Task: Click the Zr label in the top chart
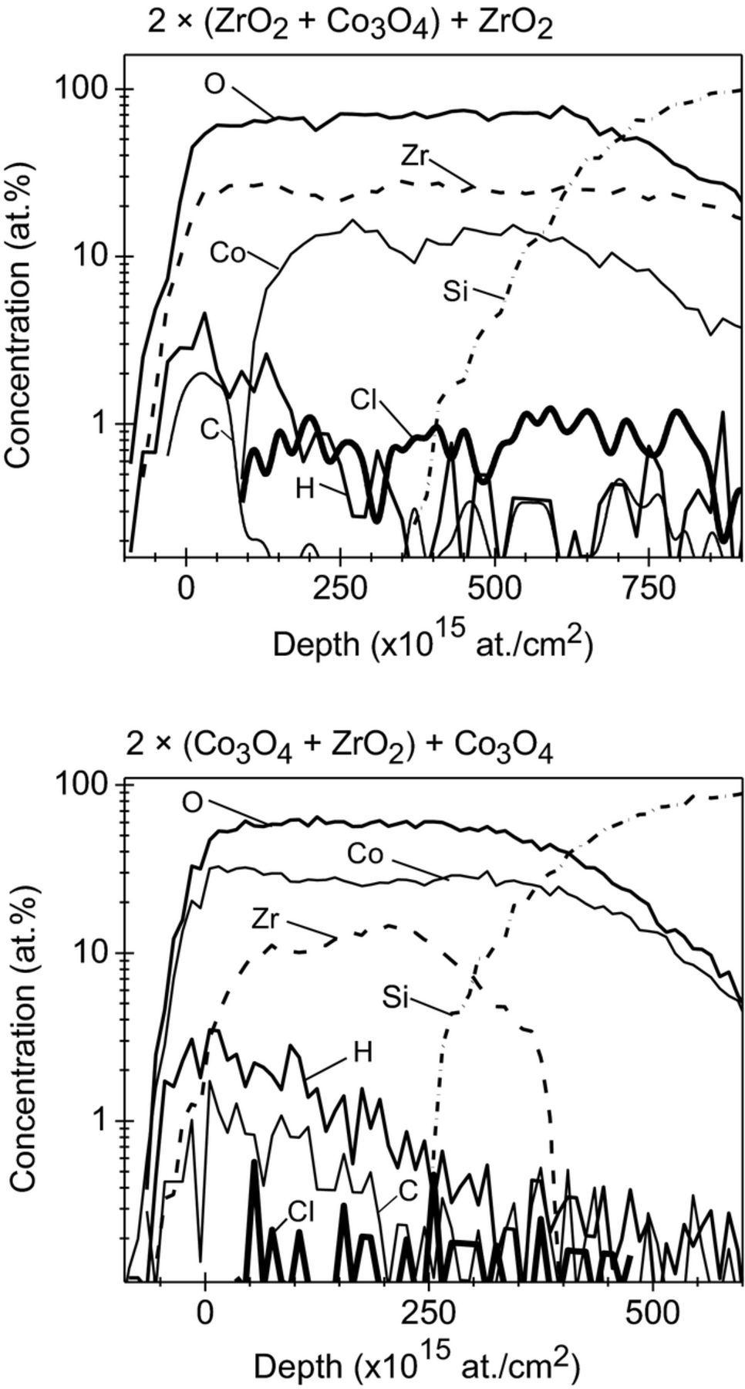(414, 154)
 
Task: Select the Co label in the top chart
(228, 252)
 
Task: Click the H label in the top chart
(305, 488)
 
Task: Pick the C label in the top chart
(210, 430)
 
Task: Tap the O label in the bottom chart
(193, 803)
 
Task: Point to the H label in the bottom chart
(362, 1053)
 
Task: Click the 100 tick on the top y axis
(83, 90)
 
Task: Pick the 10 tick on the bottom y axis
(96, 954)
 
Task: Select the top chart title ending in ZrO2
(350, 23)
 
